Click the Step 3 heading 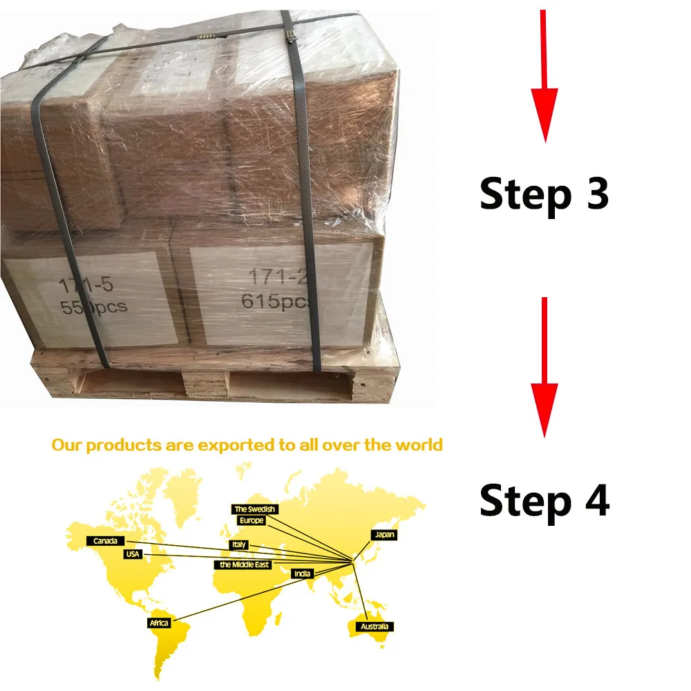544,193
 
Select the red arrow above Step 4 545,366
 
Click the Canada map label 105,541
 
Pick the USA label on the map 133,554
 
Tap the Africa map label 159,623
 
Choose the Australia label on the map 374,627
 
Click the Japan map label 384,535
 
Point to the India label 301,574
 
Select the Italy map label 238,545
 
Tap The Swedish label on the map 255,509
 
